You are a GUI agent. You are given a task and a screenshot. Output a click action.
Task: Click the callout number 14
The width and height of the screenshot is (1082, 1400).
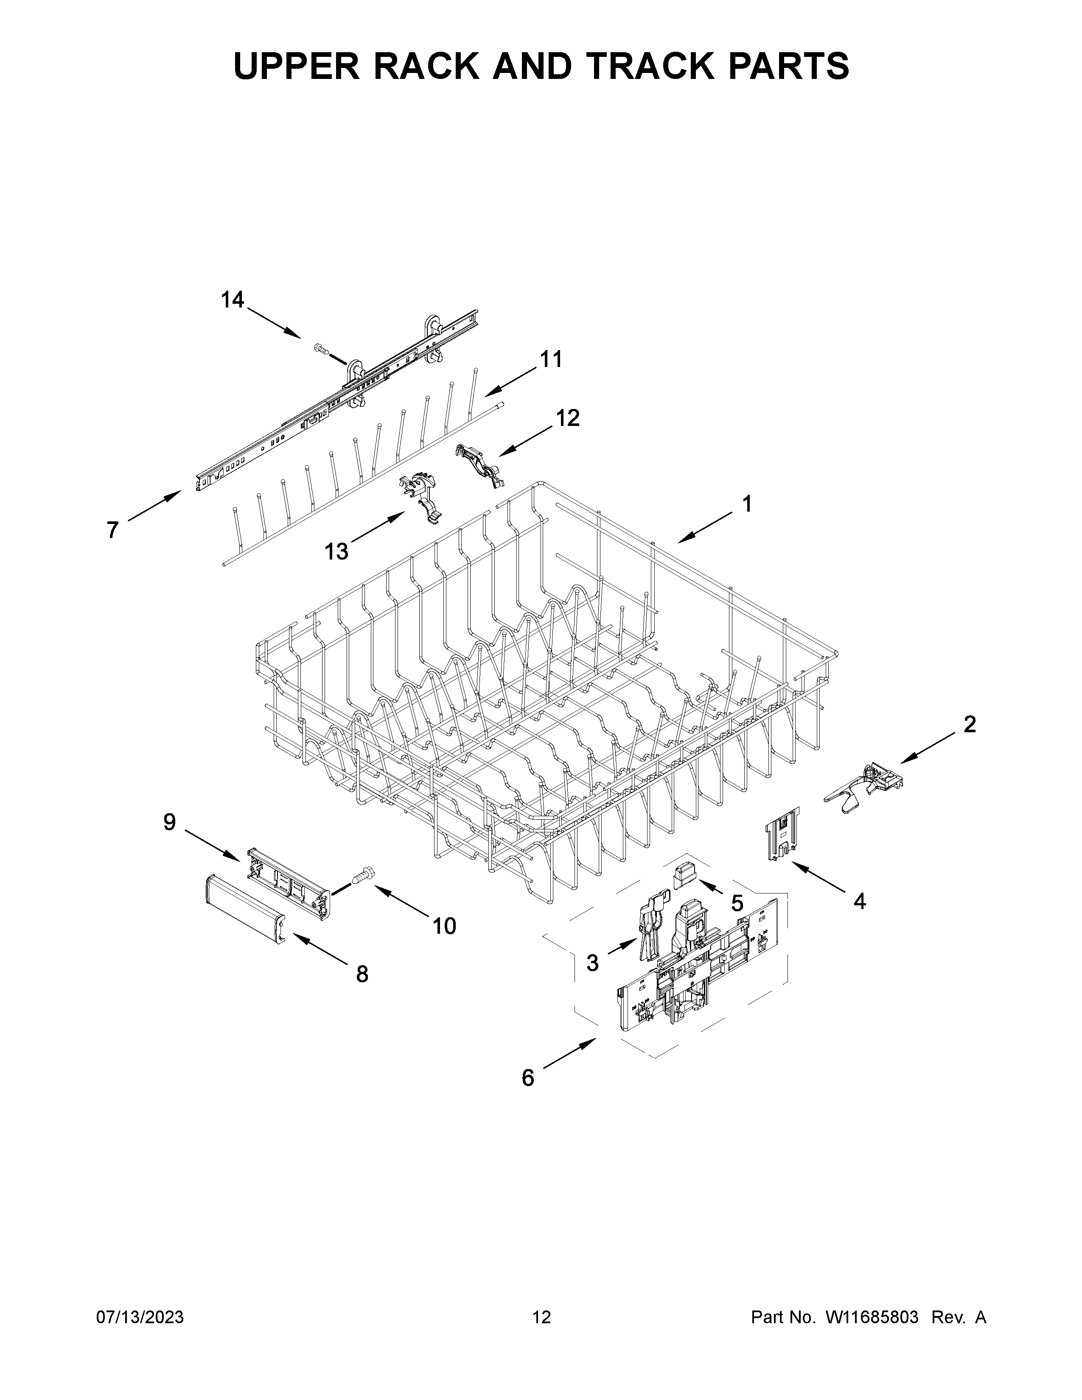(x=233, y=300)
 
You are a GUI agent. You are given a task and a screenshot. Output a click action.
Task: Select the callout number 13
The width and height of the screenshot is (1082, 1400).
(x=336, y=551)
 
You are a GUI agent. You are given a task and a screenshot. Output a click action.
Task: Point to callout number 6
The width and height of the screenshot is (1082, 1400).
(x=527, y=1078)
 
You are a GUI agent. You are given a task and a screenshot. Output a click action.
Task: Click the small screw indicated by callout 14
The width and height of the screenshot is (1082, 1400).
(x=321, y=349)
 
